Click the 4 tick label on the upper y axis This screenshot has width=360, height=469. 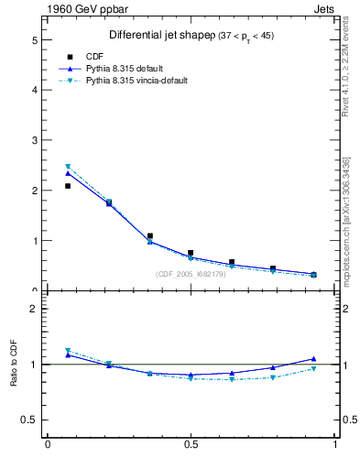[34, 91]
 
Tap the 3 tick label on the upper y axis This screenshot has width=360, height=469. [34, 141]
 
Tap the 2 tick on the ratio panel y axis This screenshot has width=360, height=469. [34, 309]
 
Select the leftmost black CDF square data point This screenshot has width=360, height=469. [68, 186]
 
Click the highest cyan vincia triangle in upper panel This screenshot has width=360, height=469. [68, 167]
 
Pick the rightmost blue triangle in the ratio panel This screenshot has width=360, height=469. [313, 359]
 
